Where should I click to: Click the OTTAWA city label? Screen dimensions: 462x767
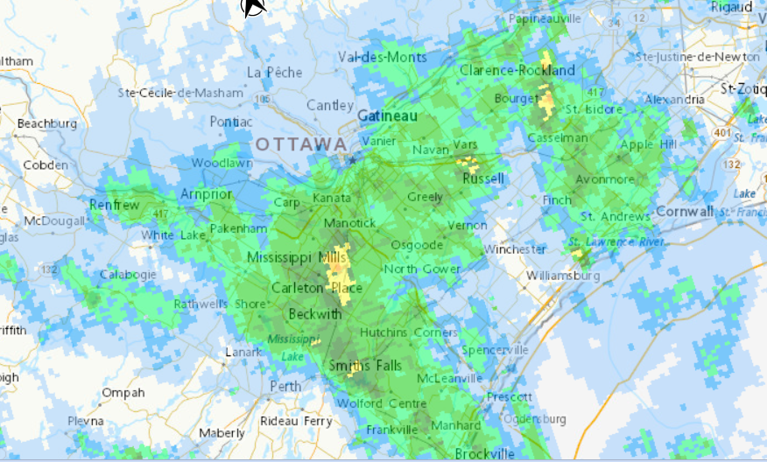[x=300, y=143]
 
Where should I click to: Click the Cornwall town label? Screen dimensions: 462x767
[x=684, y=212]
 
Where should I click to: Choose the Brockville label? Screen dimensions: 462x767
[x=484, y=453]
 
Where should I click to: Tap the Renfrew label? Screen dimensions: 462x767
[x=114, y=205]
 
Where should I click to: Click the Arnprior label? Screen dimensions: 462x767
[x=206, y=193]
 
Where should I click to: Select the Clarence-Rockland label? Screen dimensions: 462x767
[x=517, y=70]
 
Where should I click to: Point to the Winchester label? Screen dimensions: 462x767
[x=515, y=249]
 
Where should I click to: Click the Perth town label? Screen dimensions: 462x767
[x=285, y=386]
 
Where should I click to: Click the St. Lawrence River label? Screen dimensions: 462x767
[x=616, y=241]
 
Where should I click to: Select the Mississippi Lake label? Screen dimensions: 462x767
[x=289, y=347]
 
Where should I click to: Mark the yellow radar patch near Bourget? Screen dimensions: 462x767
[x=547, y=101]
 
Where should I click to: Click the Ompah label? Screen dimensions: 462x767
[x=123, y=393]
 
